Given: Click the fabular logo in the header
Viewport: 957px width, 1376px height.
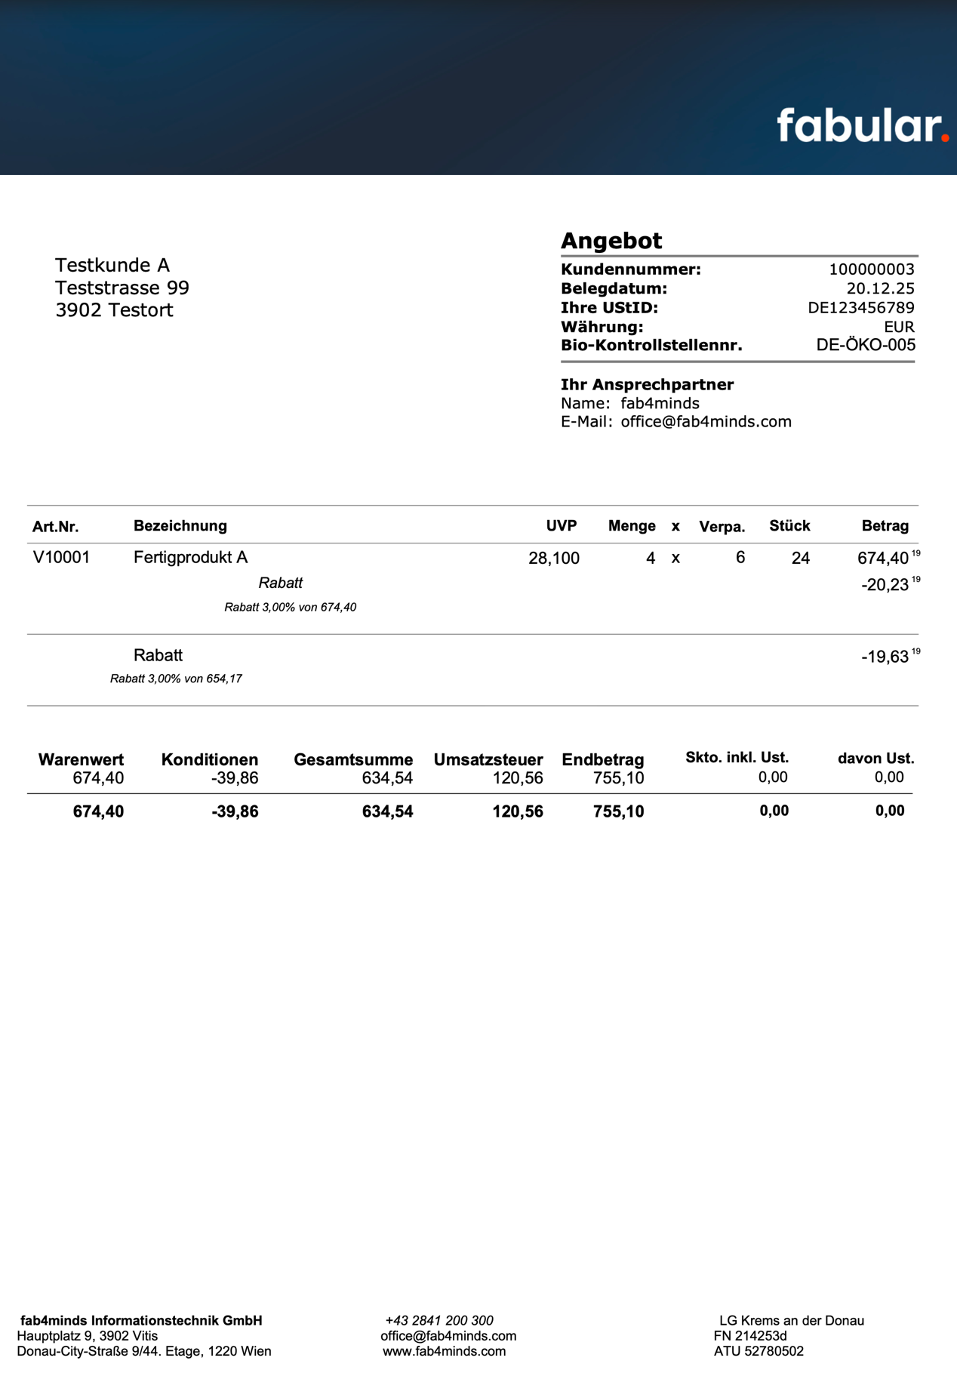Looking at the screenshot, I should pyautogui.click(x=862, y=126).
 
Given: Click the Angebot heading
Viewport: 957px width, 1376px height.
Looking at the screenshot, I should pyautogui.click(x=611, y=241).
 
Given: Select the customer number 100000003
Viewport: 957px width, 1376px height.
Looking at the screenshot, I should pyautogui.click(x=872, y=269).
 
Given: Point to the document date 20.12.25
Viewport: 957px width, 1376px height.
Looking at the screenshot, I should pyautogui.click(x=880, y=288).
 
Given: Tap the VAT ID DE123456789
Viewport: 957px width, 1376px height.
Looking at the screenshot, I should pyautogui.click(x=861, y=308).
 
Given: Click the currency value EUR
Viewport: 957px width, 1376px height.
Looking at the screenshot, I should pyautogui.click(x=899, y=327).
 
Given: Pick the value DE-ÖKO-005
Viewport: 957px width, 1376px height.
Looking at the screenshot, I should pyautogui.click(x=866, y=346).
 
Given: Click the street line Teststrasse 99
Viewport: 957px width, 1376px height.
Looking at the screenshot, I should pyautogui.click(x=122, y=288).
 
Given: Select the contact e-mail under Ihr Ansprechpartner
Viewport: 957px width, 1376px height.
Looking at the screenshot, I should pyautogui.click(x=706, y=422).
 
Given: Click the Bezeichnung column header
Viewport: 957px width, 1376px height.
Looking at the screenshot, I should pyautogui.click(x=180, y=526).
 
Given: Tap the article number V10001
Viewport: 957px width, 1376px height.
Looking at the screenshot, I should pyautogui.click(x=62, y=558).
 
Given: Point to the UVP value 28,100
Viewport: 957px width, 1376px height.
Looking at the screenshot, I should pyautogui.click(x=554, y=559).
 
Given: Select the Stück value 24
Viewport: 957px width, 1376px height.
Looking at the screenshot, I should pyautogui.click(x=801, y=559).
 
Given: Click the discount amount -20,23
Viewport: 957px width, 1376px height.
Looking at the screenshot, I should pyautogui.click(x=885, y=586).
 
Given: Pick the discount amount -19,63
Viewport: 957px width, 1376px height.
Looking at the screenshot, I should pyautogui.click(x=885, y=657).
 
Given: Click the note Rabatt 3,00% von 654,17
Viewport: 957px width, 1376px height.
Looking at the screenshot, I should pyautogui.click(x=176, y=679).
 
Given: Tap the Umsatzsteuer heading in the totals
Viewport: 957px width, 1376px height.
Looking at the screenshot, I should pyautogui.click(x=488, y=759).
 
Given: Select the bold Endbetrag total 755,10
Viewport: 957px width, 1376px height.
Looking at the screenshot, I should pyautogui.click(x=618, y=811).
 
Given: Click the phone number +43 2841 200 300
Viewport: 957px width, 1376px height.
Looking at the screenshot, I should pyautogui.click(x=439, y=1320).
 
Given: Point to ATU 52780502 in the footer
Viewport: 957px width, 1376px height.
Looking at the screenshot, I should pyautogui.click(x=759, y=1351).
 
